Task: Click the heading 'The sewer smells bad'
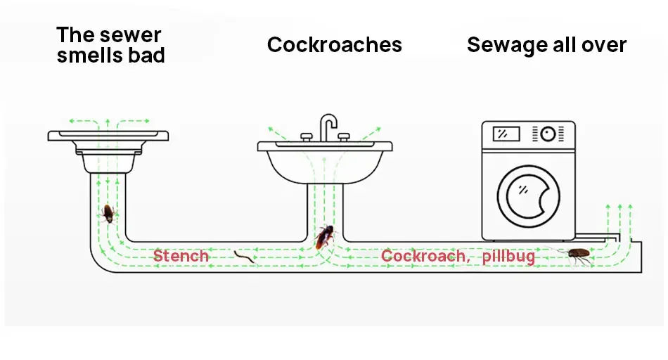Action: point(110,45)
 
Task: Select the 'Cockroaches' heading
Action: point(334,45)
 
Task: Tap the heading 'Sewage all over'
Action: point(546,45)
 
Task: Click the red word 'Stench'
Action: point(181,256)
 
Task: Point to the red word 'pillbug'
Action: point(508,256)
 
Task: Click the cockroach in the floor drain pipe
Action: point(108,213)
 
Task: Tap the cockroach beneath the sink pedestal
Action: point(324,237)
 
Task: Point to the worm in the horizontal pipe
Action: point(244,257)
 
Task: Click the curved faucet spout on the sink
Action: point(328,124)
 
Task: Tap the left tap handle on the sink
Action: point(307,136)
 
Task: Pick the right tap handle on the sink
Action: point(344,136)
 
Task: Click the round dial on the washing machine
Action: point(547,133)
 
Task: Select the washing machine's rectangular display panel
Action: point(506,134)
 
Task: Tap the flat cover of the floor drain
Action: point(108,135)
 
